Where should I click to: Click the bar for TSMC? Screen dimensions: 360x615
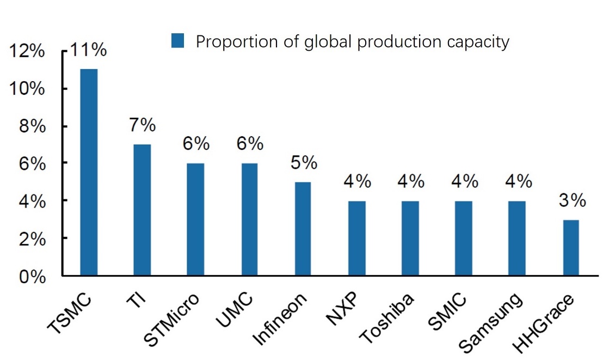click(x=89, y=172)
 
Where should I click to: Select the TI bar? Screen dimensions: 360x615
click(x=142, y=210)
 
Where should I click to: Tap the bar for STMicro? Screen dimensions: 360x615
click(x=195, y=219)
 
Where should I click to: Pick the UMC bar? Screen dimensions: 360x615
click(x=249, y=219)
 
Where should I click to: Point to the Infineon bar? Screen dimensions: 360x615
click(x=303, y=229)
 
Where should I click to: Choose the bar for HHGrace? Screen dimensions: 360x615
click(x=571, y=248)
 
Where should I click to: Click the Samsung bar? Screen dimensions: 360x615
click(x=517, y=239)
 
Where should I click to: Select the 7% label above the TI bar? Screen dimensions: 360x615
click(x=142, y=126)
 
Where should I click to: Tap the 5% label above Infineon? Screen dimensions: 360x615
click(x=303, y=163)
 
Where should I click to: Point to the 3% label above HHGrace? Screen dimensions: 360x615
click(x=571, y=201)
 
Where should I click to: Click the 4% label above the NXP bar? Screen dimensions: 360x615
click(x=356, y=181)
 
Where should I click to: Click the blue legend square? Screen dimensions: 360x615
click(x=177, y=40)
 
